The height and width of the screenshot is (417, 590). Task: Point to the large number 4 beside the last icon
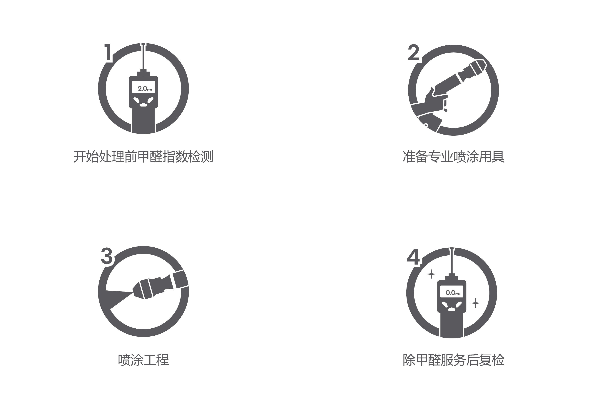point(413,257)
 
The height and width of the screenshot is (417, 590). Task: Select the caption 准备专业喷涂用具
point(454,157)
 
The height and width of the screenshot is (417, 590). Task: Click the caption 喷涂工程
point(143,360)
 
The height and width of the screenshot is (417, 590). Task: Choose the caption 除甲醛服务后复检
point(454,360)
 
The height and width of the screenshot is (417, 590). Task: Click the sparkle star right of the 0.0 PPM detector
point(475,303)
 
